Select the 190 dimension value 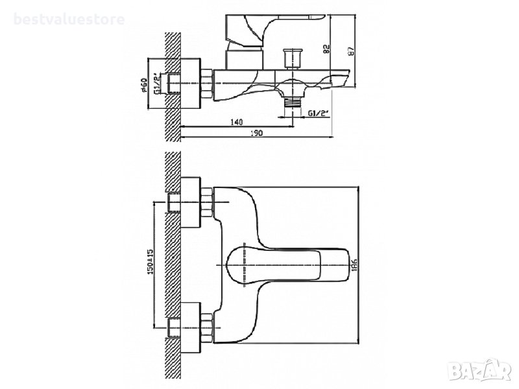(x=256, y=133)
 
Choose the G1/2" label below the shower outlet (x=319, y=113)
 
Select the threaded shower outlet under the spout (x=293, y=101)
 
